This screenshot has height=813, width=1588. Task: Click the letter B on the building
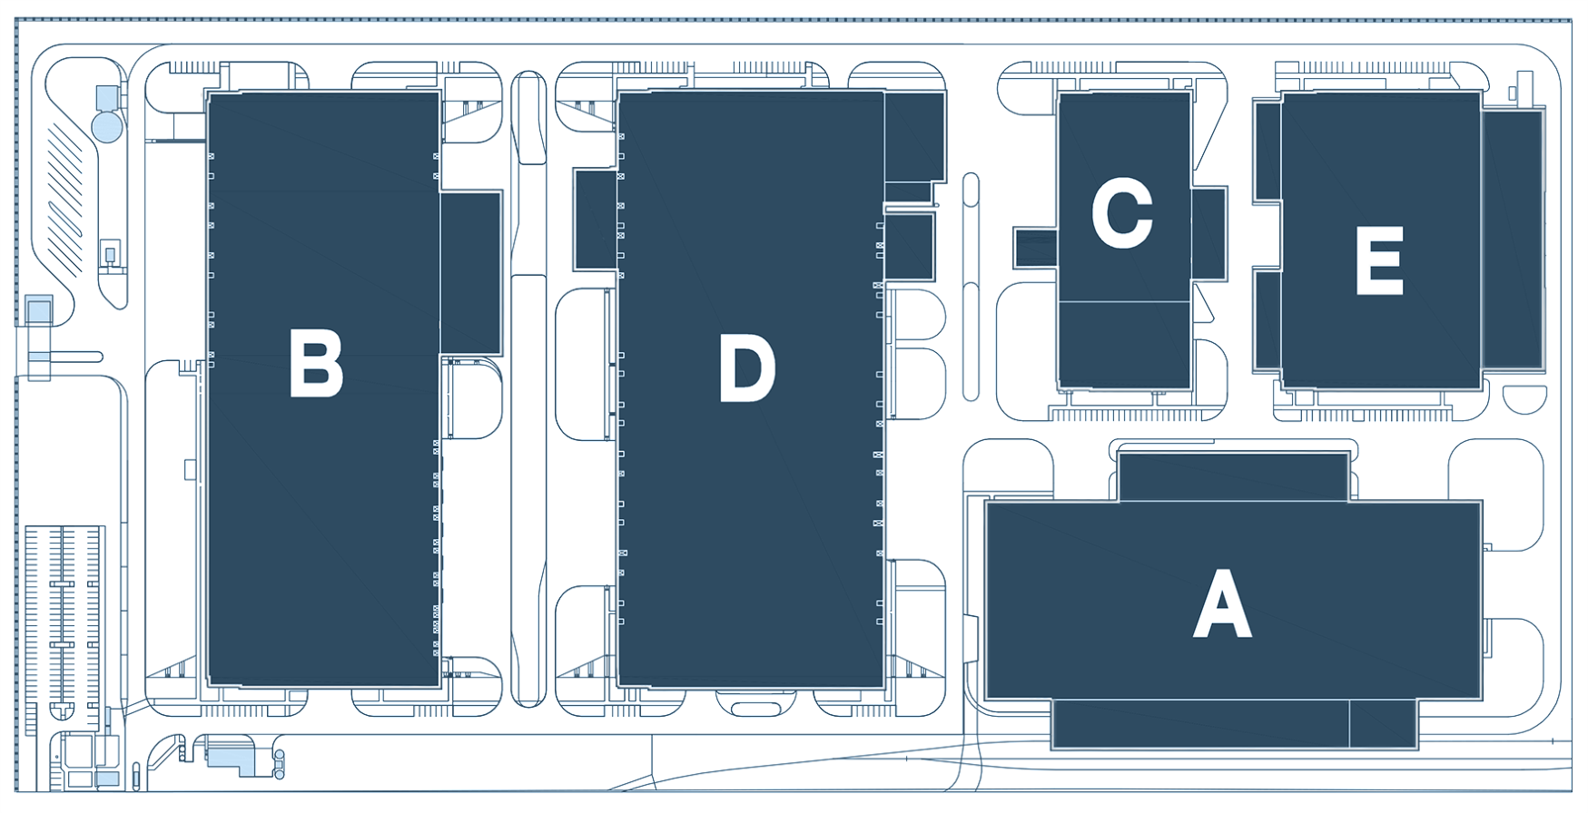coord(316,363)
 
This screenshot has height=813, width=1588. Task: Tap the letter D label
coord(747,367)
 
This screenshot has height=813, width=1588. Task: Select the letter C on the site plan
coord(1122,212)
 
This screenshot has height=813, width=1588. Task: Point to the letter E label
coord(1379,260)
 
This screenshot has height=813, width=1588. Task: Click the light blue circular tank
coord(108,125)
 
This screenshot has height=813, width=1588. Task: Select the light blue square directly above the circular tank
coord(108,97)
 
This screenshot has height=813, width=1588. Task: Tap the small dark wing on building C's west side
coord(1036,248)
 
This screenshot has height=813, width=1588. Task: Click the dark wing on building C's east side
coord(1208,234)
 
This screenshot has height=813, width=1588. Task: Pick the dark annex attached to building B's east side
coord(470,272)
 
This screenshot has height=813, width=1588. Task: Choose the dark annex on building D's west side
coord(596,219)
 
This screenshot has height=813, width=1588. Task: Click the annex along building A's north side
coord(1233,477)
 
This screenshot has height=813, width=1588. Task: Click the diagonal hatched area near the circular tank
coord(66,200)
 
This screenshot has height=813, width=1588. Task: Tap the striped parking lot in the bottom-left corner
coord(64,626)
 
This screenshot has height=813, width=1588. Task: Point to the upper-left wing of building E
coord(1267,151)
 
